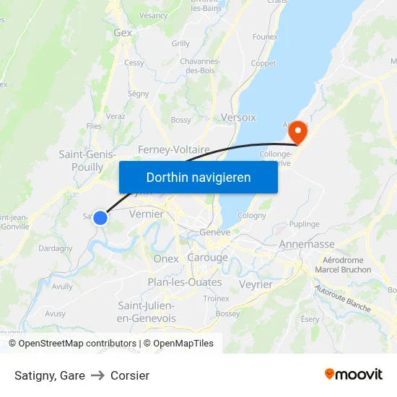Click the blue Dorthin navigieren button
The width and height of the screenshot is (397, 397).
pyautogui.click(x=198, y=177)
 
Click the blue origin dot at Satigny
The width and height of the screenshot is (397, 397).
pyautogui.click(x=100, y=217)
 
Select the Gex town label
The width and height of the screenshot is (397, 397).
pyautogui.click(x=123, y=32)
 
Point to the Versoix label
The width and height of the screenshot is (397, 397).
pyautogui.click(x=238, y=117)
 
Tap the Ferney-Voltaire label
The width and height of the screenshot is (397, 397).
pyautogui.click(x=174, y=149)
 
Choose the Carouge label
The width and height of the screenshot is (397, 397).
pyautogui.click(x=207, y=258)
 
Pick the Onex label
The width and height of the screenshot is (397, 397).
pyautogui.click(x=166, y=258)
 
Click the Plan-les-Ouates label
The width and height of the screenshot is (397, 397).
pyautogui.click(x=185, y=282)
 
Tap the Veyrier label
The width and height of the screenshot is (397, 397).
pyautogui.click(x=256, y=284)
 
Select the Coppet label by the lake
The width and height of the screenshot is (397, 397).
pyautogui.click(x=263, y=64)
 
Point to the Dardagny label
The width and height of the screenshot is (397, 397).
pyautogui.click(x=55, y=248)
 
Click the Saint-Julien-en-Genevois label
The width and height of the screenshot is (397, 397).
pyautogui.click(x=146, y=312)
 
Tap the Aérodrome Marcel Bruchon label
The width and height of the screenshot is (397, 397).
pyautogui.click(x=346, y=265)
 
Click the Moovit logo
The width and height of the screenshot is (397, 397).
pyautogui.click(x=354, y=374)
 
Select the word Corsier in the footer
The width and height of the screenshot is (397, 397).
pyautogui.click(x=130, y=375)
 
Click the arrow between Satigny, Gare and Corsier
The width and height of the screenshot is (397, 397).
pyautogui.click(x=97, y=375)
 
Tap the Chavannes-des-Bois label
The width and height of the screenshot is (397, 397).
pyautogui.click(x=199, y=66)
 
